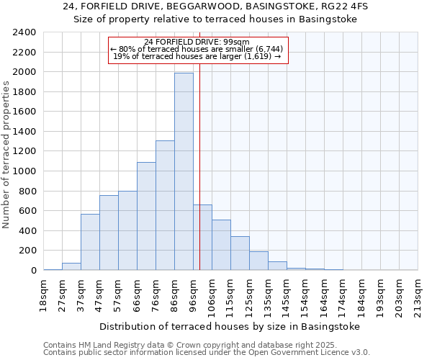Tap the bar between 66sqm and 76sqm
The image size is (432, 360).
coord(146,216)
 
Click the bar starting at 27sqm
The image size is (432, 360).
coord(71,266)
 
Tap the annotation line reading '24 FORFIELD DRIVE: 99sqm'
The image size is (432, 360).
coord(197,42)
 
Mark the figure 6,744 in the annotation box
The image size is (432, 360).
coord(266,49)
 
